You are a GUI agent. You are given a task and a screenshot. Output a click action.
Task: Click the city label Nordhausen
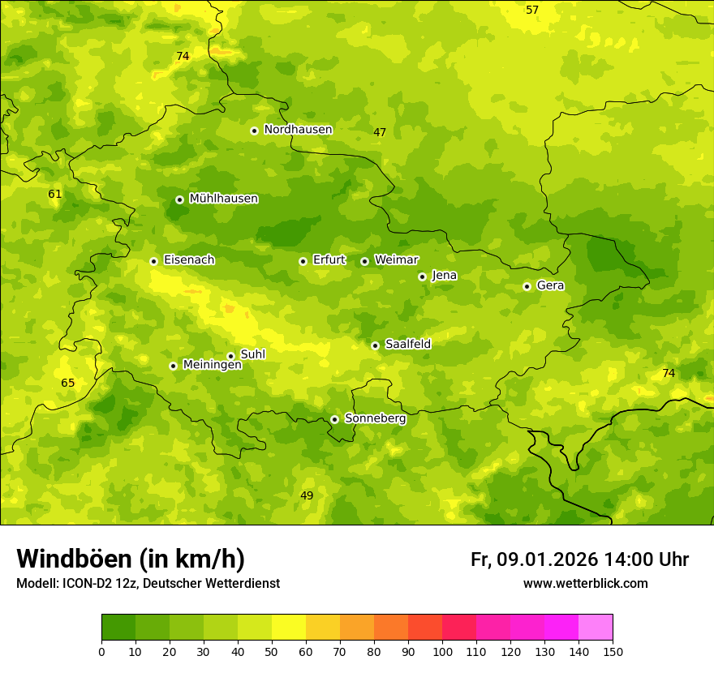pos(298,130)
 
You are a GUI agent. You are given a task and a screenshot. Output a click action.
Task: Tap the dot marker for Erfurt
pos(303,261)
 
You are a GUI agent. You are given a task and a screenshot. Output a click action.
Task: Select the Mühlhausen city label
pos(224,199)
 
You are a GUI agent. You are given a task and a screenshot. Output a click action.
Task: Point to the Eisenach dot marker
pos(153,261)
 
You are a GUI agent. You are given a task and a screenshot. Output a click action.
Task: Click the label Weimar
pos(396,260)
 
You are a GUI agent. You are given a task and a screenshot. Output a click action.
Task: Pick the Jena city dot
pos(422,276)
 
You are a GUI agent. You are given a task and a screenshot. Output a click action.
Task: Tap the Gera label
pos(550,285)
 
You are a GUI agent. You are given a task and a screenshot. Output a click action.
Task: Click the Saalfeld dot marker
pos(375,345)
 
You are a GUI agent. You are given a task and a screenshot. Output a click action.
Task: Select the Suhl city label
pos(253,354)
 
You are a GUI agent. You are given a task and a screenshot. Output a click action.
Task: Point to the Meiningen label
pos(213,366)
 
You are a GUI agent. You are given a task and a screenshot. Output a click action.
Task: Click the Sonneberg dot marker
pos(334,419)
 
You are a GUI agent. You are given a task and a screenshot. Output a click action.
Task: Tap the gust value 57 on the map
pos(532,10)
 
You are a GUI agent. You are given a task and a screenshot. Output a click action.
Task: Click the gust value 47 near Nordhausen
pos(380,132)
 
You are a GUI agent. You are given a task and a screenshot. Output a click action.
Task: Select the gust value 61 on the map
pos(55,194)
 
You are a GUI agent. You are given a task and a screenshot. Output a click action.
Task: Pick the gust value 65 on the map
pos(68,383)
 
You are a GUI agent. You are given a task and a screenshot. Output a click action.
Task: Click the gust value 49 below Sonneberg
pos(307,495)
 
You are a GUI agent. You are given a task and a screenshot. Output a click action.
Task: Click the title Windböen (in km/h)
pos(131,559)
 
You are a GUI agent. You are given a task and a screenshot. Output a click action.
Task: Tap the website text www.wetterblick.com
pos(585,583)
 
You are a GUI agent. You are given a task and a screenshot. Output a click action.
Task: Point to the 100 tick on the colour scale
pos(442,651)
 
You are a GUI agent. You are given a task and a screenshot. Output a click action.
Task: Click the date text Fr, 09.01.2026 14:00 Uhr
pos(579,559)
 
